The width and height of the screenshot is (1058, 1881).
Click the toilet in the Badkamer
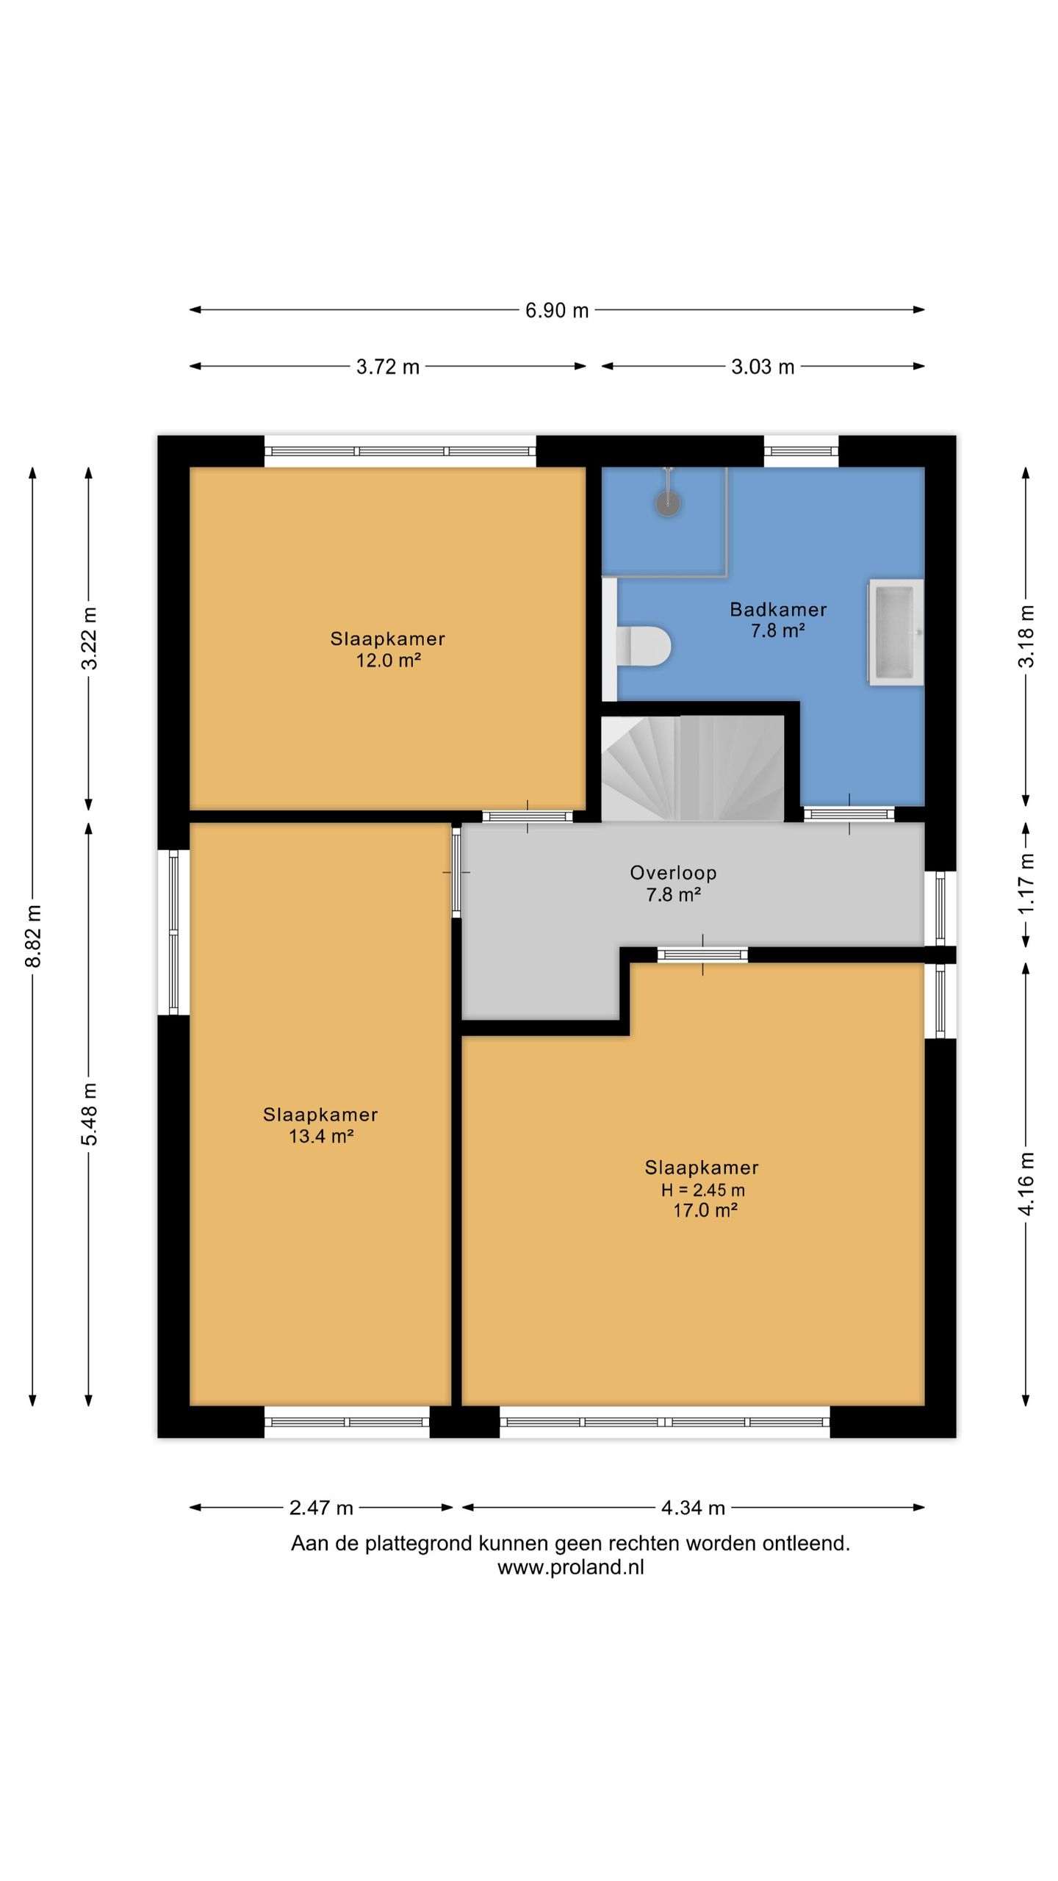[x=644, y=646]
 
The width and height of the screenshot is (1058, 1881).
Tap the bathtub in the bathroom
[x=896, y=632]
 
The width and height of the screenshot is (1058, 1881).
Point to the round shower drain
[x=668, y=503]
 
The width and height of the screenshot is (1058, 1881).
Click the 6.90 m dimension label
[x=557, y=310]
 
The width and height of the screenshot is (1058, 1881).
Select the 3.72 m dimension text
[x=388, y=366]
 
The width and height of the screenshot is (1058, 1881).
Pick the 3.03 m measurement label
[x=763, y=366]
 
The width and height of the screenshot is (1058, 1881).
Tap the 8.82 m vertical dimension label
[x=33, y=936]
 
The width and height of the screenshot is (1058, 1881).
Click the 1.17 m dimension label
[x=1026, y=883]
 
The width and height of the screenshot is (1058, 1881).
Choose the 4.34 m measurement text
[x=693, y=1508]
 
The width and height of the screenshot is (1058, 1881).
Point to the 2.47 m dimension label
[x=321, y=1508]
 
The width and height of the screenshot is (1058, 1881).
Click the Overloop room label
[x=673, y=873]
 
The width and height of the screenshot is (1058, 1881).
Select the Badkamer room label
[x=778, y=609]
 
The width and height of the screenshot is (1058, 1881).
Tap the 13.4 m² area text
[x=321, y=1136]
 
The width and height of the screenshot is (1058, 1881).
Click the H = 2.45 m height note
[x=702, y=1190]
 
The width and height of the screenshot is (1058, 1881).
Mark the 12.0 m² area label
[x=388, y=660]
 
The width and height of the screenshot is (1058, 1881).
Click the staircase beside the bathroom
[x=693, y=768]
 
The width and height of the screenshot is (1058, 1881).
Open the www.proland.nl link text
[x=571, y=1567]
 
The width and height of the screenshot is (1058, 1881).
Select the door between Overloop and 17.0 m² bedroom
[x=702, y=954]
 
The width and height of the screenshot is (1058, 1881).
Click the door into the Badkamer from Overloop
[x=849, y=813]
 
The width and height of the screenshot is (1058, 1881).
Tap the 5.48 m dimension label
[x=89, y=1114]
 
